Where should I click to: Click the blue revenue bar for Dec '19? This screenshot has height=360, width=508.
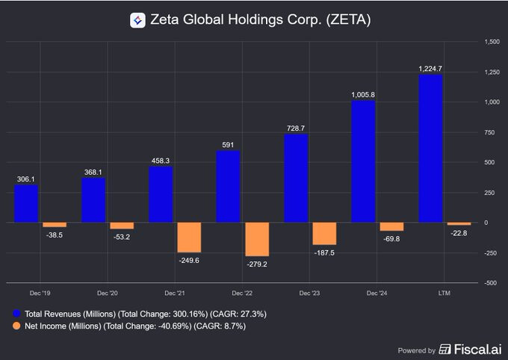coord(26,203)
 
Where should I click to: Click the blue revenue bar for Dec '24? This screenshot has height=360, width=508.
coord(363,161)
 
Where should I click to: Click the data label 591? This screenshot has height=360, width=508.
coord(228,143)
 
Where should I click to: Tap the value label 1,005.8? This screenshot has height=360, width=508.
coord(363,95)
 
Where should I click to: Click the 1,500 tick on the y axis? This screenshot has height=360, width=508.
coord(492,41)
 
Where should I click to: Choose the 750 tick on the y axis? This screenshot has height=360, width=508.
coord(491,132)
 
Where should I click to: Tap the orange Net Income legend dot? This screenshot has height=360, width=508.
coord(16,326)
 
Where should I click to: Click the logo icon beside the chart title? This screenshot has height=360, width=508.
coord(137,20)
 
